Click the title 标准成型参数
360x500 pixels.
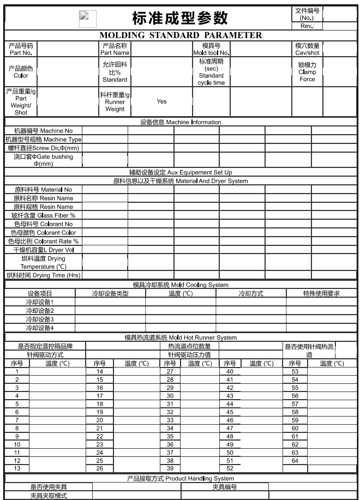180,19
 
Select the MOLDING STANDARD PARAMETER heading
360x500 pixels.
179,35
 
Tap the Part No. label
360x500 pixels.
20,49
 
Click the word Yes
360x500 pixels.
161,101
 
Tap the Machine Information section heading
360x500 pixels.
180,122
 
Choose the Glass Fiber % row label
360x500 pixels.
43,215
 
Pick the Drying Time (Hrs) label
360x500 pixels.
43,275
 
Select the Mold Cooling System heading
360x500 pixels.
180,285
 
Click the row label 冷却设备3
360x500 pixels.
40,319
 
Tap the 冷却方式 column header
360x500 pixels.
251,293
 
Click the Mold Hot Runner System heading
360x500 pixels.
180,338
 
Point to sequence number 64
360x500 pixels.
295,445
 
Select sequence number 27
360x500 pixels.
170,371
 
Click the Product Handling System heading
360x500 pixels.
180,478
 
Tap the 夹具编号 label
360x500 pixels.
225,487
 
